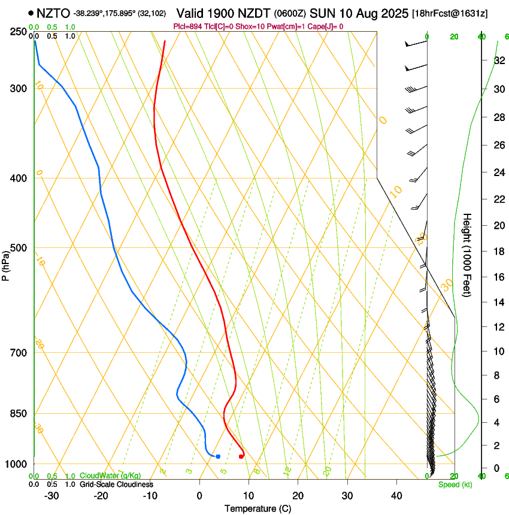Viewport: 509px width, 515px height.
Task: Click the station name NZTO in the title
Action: [x=53, y=13]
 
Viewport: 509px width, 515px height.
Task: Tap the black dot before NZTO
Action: [x=31, y=13]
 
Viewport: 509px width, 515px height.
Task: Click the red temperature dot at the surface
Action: [x=241, y=456]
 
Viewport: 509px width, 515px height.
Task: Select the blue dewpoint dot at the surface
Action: [x=218, y=456]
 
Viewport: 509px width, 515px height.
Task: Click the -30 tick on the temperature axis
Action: [x=51, y=495]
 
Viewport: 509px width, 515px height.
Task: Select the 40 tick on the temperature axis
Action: [x=396, y=495]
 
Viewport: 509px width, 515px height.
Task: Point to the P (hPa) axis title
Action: [x=5, y=263]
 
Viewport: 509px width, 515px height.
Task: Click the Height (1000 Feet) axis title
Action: [x=468, y=255]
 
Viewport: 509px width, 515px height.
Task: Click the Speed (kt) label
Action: [x=455, y=484]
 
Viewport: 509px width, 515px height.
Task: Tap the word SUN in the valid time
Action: [x=352, y=13]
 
